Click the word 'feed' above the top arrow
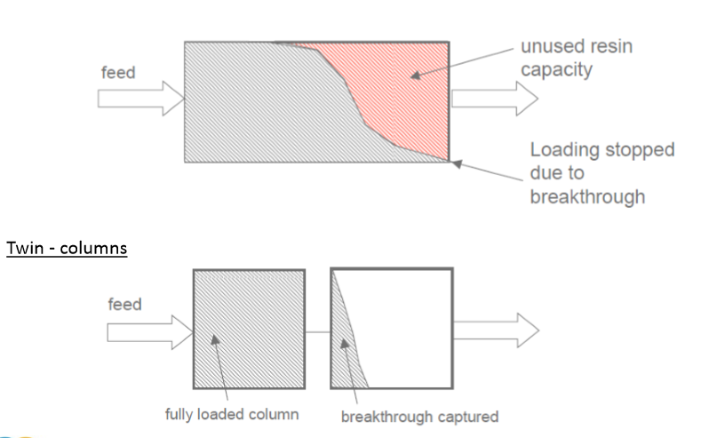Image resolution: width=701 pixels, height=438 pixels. click(x=117, y=72)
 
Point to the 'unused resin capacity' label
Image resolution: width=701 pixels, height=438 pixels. click(x=576, y=57)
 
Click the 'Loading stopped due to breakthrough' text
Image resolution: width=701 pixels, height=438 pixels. click(x=601, y=172)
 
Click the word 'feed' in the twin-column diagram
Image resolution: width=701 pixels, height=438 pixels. click(x=125, y=305)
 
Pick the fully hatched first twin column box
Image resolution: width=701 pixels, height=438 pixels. click(x=249, y=328)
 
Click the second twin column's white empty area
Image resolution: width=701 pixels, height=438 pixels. click(x=409, y=329)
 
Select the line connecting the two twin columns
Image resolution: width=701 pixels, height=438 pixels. click(x=317, y=331)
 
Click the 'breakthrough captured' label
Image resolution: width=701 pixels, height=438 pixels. click(x=419, y=415)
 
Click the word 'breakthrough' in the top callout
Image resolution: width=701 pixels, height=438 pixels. click(x=587, y=195)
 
